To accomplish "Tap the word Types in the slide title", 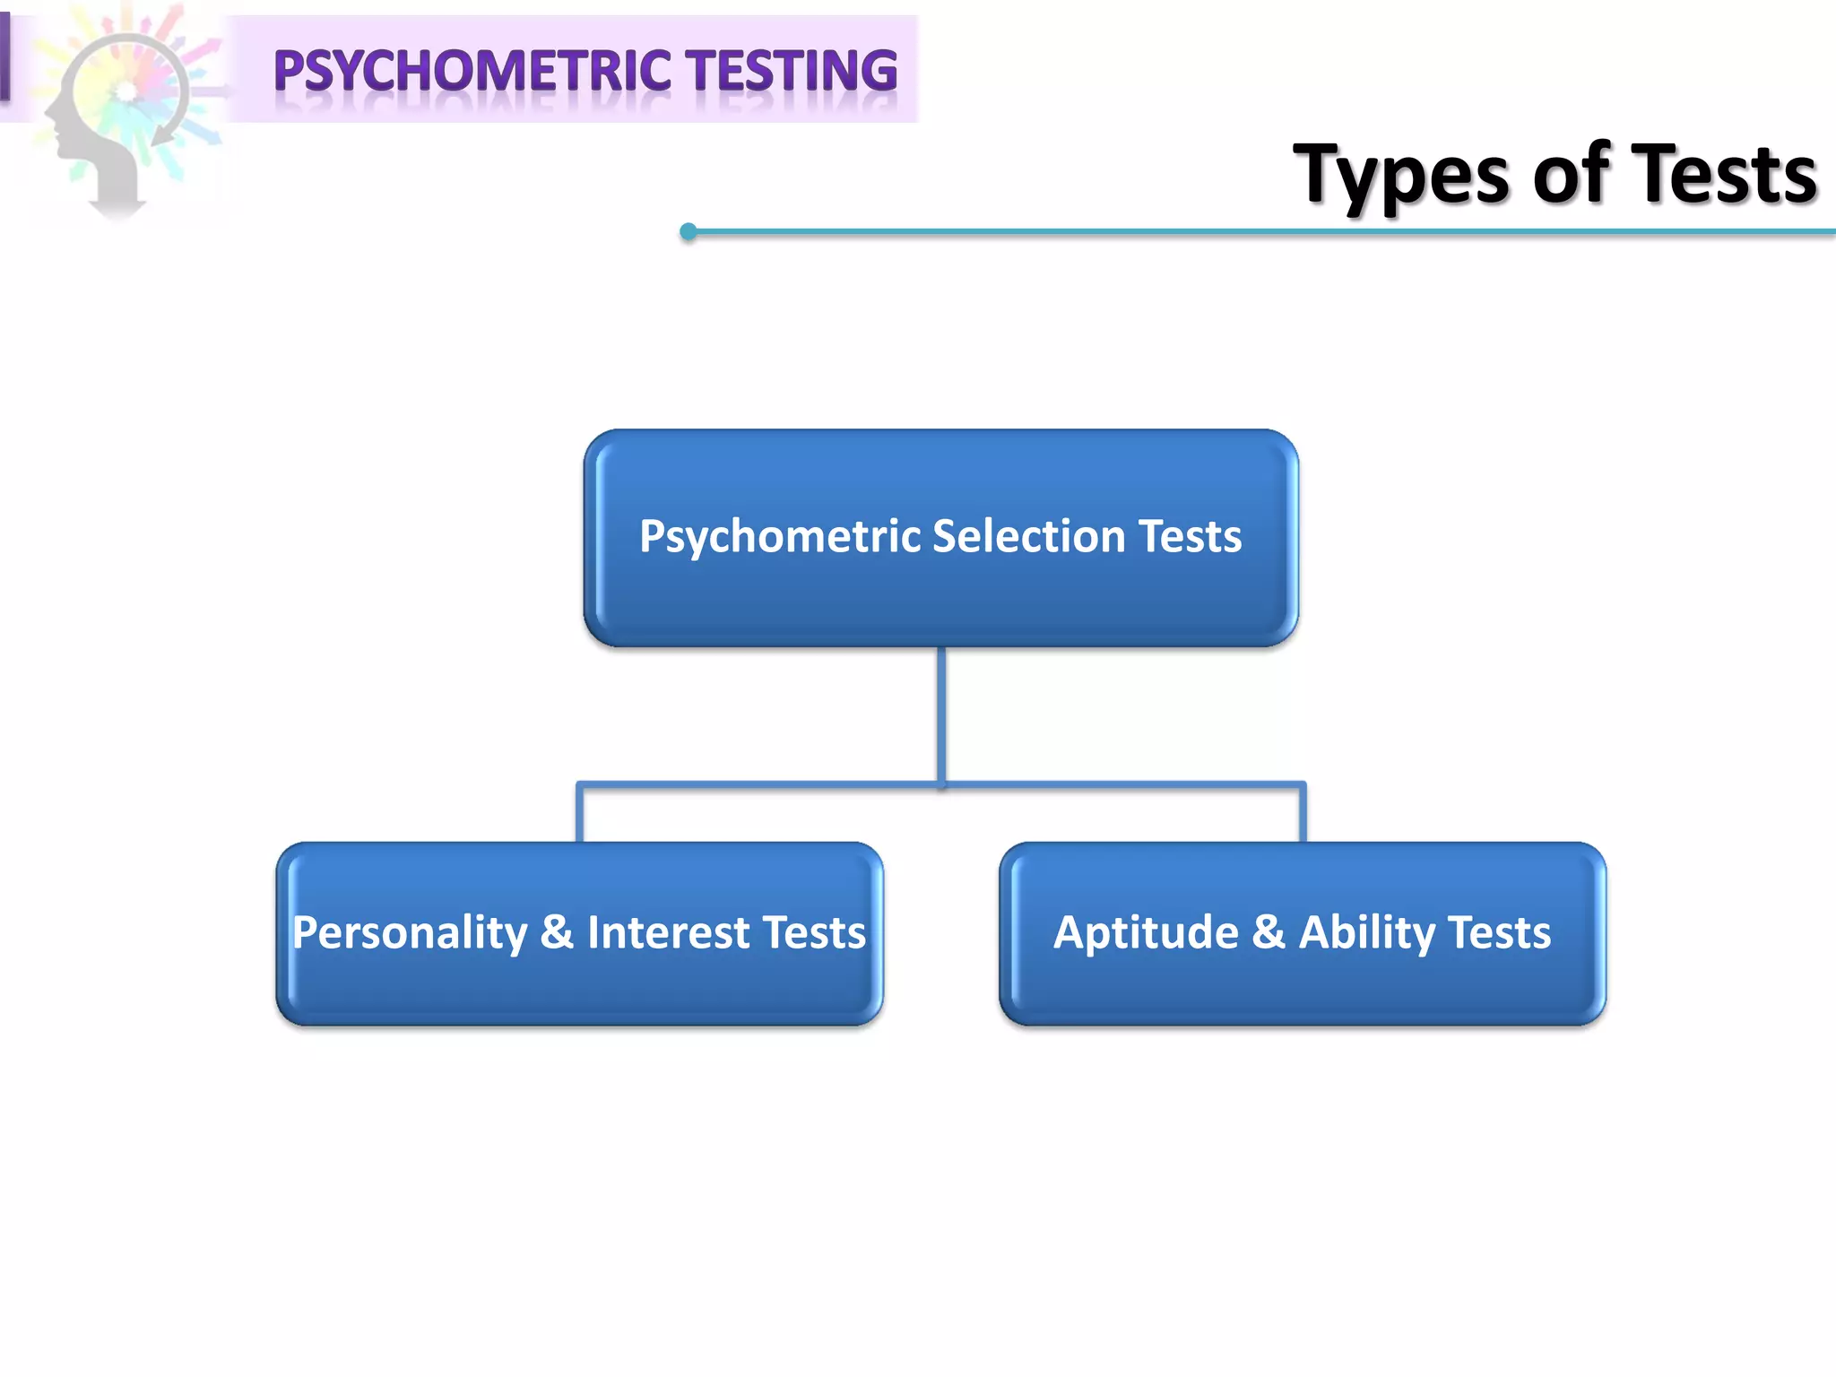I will point(1402,176).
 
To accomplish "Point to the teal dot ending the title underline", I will point(688,232).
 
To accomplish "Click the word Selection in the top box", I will point(1028,536).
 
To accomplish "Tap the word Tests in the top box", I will point(1190,536).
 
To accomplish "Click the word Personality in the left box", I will point(410,933).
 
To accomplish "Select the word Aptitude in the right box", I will point(1146,932).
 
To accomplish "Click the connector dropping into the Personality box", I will point(580,814).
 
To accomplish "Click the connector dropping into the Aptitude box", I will point(1303,814).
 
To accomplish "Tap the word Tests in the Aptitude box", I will point(1499,932).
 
